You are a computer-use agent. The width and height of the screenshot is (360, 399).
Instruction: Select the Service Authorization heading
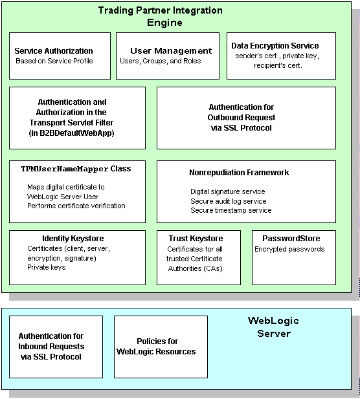coord(54,51)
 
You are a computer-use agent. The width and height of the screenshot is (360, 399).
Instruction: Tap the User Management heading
coord(171,51)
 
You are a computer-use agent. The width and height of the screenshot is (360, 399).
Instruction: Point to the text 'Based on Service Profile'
coord(54,61)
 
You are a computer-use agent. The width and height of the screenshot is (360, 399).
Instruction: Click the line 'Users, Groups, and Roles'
coord(161,61)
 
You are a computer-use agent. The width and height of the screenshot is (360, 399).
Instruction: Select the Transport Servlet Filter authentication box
coord(77,118)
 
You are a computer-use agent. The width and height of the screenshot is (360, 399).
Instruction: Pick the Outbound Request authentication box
coord(246,118)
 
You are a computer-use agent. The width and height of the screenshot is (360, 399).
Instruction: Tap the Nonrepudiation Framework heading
coord(239,173)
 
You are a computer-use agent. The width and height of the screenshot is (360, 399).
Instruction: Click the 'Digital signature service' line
coord(227,191)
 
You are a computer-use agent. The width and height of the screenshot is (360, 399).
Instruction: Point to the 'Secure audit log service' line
coord(228,201)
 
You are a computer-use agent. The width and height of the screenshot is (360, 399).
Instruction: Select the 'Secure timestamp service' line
coord(231,210)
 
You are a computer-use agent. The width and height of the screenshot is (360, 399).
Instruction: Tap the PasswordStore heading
coord(291,239)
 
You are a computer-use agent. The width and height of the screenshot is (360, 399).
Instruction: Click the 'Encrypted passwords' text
coord(289,249)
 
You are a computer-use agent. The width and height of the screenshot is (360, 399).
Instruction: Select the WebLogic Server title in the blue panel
coord(269,327)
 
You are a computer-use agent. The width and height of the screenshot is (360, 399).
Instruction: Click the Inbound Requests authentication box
coord(56,347)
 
